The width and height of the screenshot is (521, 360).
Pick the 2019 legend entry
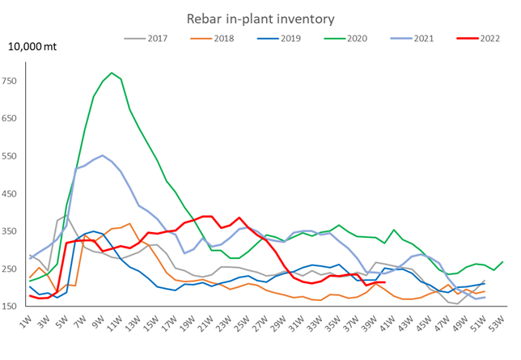[280, 37]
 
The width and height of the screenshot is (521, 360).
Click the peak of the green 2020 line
[112, 73]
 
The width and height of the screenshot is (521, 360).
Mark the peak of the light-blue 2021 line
[103, 155]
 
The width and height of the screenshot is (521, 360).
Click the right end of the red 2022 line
[384, 282]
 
